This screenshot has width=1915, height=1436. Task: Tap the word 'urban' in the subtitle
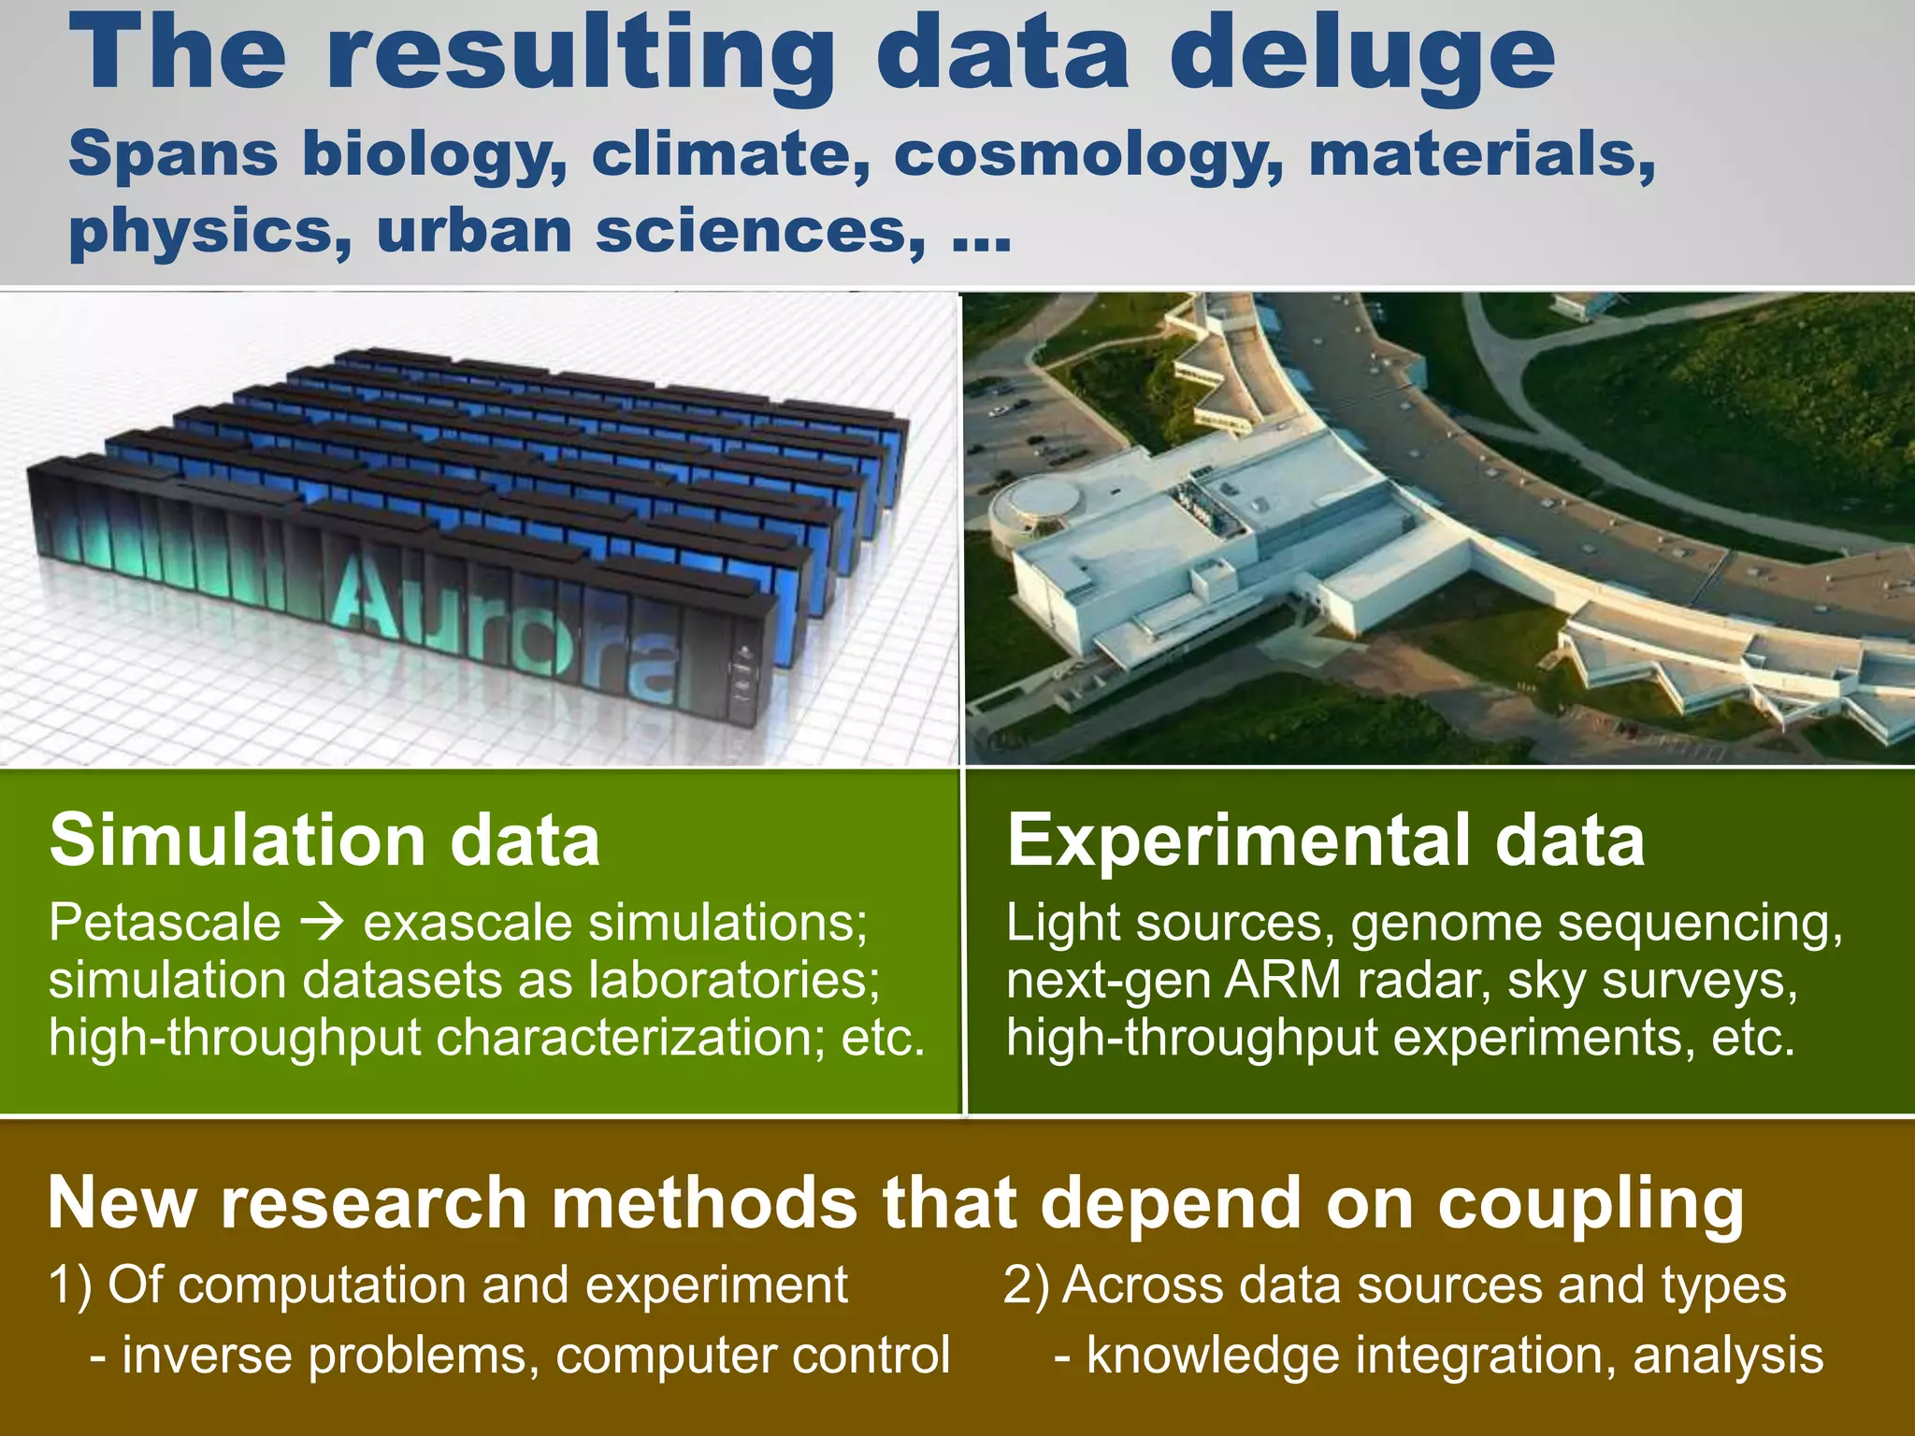click(x=474, y=231)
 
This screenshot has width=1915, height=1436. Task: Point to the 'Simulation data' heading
click(x=324, y=840)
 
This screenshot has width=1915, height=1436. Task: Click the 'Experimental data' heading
click(x=1325, y=840)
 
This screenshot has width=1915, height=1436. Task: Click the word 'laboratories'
click(x=734, y=980)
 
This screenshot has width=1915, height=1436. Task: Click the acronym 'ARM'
click(x=1283, y=980)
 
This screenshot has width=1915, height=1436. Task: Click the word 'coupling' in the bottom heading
click(x=1590, y=1204)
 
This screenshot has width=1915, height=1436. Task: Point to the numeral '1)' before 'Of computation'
click(x=70, y=1285)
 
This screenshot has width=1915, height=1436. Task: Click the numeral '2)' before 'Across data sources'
click(x=1026, y=1285)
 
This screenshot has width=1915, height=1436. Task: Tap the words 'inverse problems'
click(x=331, y=1356)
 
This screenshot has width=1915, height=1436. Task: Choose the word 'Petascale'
click(x=165, y=924)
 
